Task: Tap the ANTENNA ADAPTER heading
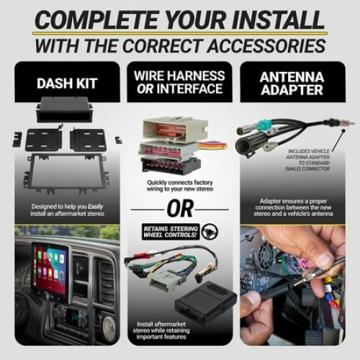(x=292, y=83)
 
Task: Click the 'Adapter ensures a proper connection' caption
(x=293, y=208)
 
